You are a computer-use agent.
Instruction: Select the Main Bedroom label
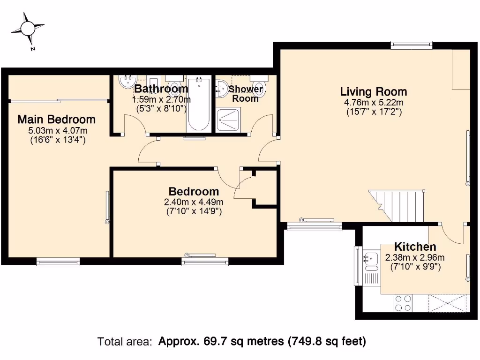[56, 120]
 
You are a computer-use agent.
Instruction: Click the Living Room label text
[374, 91]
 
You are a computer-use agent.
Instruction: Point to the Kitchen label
[415, 247]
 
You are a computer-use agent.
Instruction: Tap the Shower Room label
[246, 94]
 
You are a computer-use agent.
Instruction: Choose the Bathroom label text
[161, 89]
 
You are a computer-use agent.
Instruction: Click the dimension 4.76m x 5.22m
[374, 102]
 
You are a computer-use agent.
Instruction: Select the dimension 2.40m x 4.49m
[194, 202]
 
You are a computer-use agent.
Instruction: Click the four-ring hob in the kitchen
[403, 303]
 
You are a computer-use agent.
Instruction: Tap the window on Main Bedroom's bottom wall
[52, 262]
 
